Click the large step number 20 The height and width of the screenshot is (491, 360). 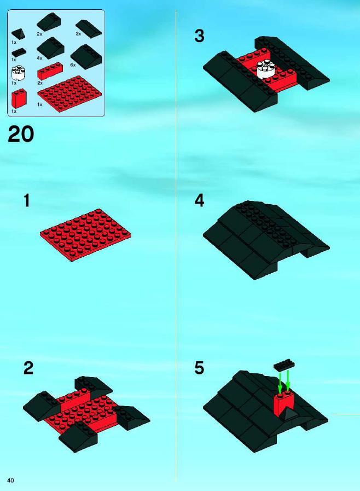(21, 134)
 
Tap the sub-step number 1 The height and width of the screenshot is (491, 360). (27, 200)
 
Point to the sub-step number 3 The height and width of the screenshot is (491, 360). (199, 36)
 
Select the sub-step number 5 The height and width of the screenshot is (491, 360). (199, 368)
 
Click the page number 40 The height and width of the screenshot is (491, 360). (10, 480)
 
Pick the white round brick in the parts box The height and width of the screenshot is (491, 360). (18, 72)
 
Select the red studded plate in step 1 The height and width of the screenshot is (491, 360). (85, 235)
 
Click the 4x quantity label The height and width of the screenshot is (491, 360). (39, 58)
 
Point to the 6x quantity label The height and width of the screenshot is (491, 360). (73, 65)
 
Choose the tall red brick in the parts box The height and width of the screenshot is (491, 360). (19, 99)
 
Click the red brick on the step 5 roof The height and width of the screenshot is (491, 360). (283, 404)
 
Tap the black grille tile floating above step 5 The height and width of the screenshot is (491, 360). (284, 366)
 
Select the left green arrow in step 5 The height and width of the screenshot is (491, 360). (280, 383)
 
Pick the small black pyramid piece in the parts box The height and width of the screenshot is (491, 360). (18, 34)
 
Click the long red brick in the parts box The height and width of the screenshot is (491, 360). (50, 71)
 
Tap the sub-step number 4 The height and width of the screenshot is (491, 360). (199, 200)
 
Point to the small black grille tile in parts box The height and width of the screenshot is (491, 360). (19, 53)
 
